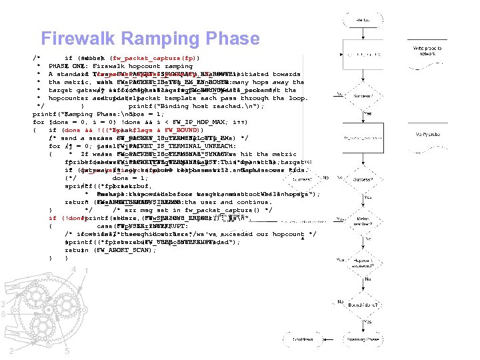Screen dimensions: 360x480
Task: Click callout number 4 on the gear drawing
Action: tap(75, 269)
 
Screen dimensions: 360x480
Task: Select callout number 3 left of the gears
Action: tap(3, 305)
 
